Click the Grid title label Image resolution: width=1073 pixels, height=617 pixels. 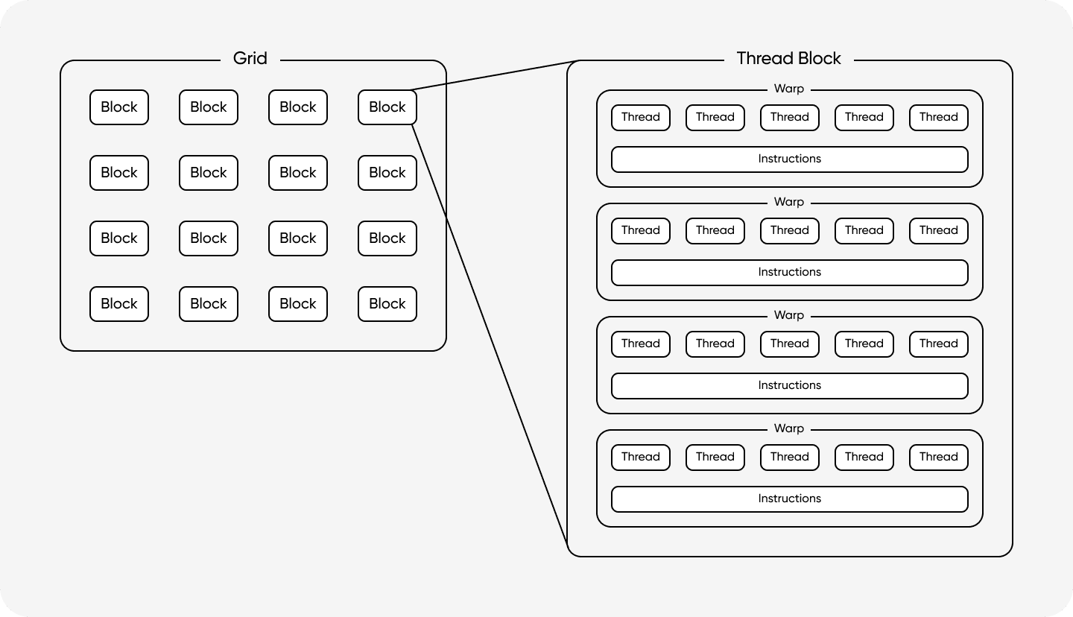pos(250,59)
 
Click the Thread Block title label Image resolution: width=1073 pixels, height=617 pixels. pos(788,59)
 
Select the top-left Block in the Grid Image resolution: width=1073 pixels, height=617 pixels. pos(119,107)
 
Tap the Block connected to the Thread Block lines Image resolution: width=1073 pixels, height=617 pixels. pos(387,107)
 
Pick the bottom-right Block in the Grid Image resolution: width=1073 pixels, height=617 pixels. pos(387,304)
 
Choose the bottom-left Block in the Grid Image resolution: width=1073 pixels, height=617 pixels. pos(119,304)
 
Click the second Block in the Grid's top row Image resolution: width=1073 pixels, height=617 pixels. pos(209,107)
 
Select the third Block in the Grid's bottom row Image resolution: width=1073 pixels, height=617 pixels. pos(298,304)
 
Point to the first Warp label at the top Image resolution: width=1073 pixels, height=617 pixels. pos(788,89)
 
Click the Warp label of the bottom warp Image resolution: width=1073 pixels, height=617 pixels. pos(788,428)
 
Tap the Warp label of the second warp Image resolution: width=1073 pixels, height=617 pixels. pos(788,202)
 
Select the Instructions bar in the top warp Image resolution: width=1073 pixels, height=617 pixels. pos(789,159)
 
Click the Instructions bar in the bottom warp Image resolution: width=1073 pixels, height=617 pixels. pos(789,499)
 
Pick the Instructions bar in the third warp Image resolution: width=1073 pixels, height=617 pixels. pos(789,385)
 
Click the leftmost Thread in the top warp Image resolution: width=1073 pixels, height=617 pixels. pos(641,117)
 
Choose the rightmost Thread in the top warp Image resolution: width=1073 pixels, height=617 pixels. pos(938,117)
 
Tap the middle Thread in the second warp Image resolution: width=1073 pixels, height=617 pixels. pos(789,230)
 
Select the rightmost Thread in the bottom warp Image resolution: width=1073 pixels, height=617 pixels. pos(938,457)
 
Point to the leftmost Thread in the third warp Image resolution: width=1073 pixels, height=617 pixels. pos(641,344)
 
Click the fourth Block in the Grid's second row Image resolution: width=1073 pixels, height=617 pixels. pos(387,173)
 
